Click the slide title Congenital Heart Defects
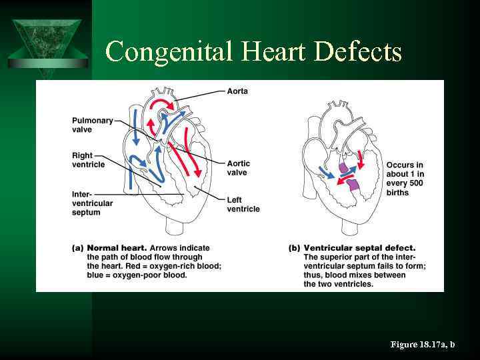coord(253,51)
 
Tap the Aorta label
coord(238,91)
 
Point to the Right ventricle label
coord(88,160)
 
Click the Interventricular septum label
coord(92,203)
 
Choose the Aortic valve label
coord(237,168)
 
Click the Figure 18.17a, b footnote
coord(422,345)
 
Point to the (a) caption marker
coord(77,248)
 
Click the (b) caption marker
coord(294,248)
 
